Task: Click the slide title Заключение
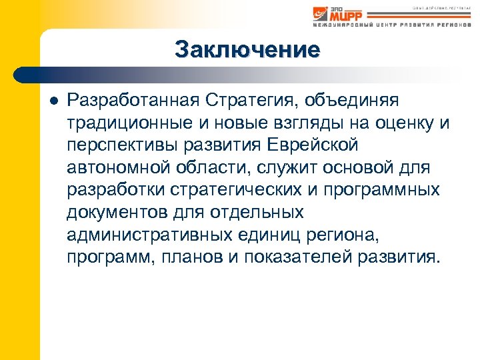247,49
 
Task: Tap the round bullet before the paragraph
53,100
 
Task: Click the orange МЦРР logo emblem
321,13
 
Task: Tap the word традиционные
130,123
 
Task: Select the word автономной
117,167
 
